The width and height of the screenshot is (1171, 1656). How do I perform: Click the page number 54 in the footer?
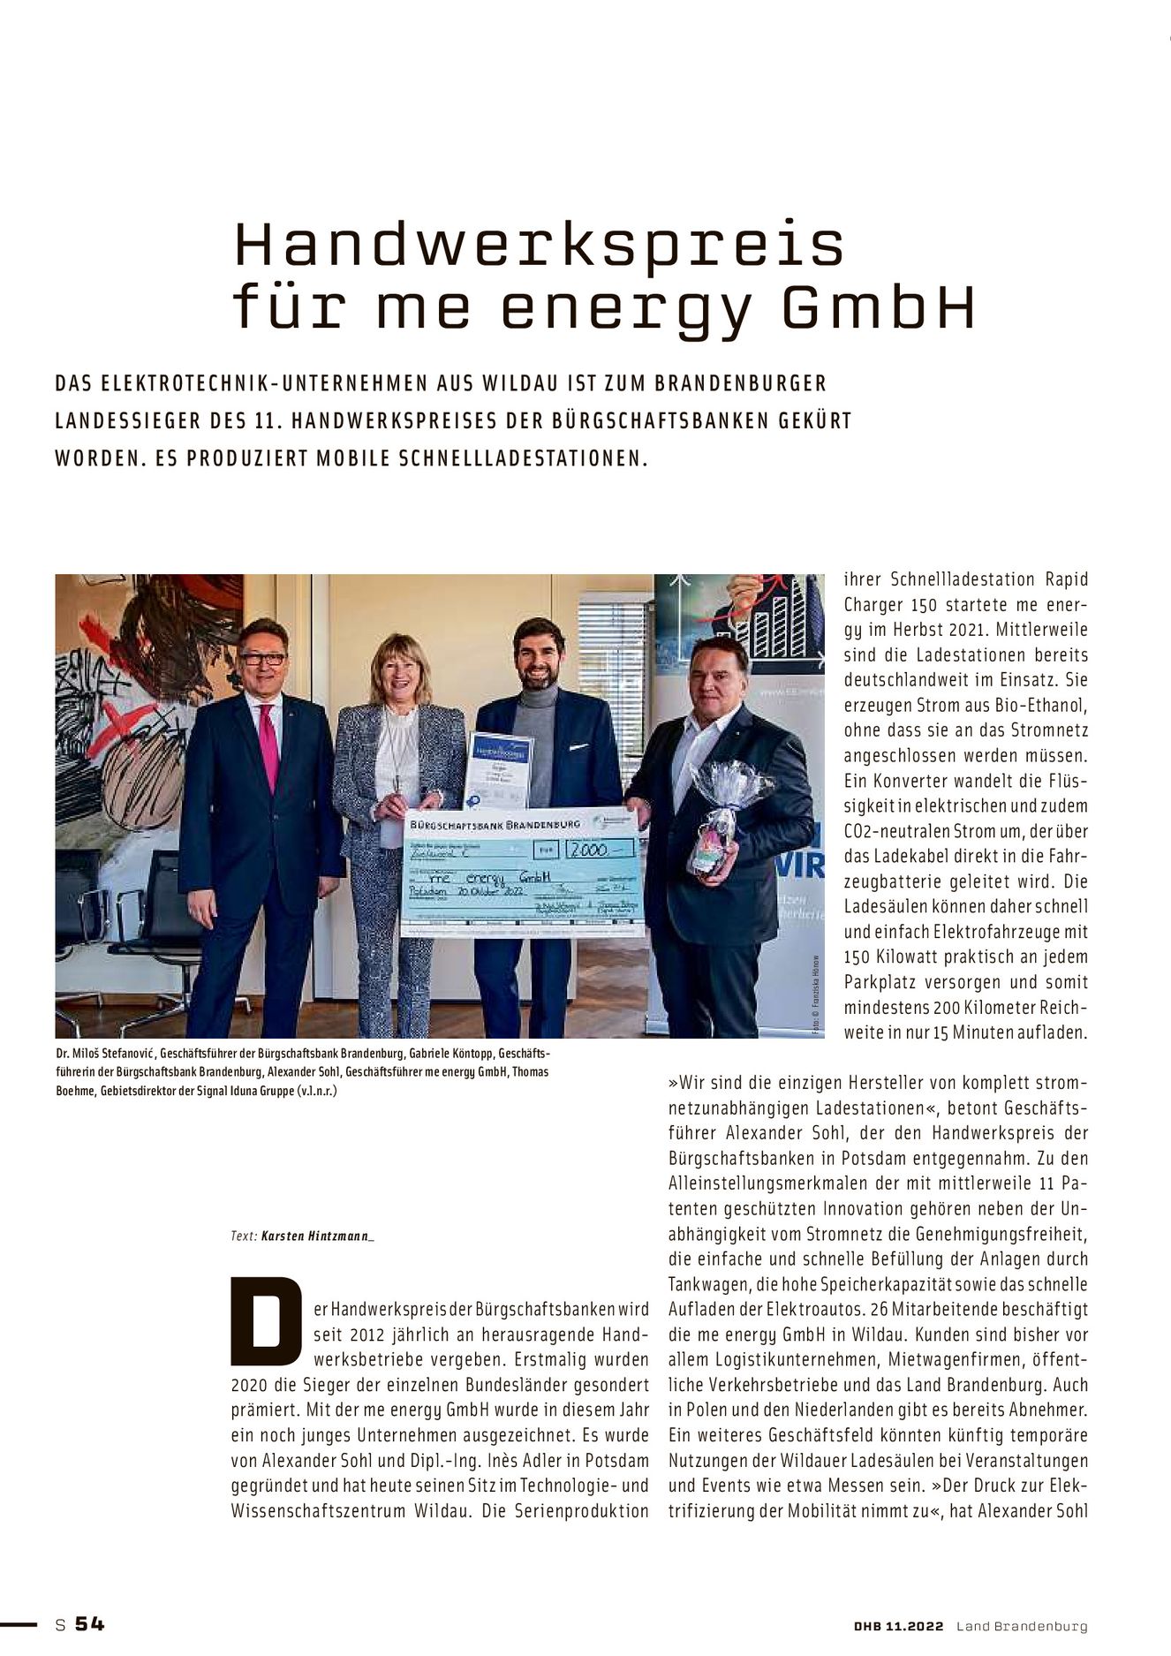[x=89, y=1623]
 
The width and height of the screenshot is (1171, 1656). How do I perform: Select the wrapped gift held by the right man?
[x=720, y=821]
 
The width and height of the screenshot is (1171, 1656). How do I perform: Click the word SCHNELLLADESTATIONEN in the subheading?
[x=523, y=459]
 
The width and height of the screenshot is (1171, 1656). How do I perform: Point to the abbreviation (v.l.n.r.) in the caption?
[x=317, y=1091]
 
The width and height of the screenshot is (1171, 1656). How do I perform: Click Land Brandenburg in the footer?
[x=1022, y=1626]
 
